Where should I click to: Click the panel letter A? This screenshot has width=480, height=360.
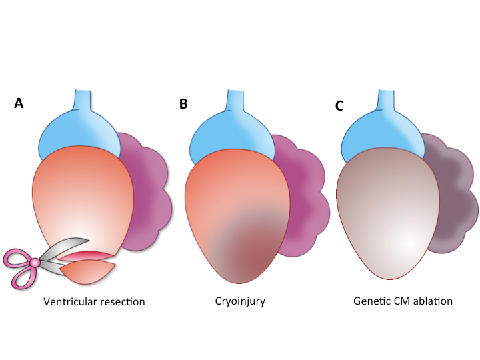click(19, 104)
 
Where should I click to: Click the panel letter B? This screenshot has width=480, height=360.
click(184, 104)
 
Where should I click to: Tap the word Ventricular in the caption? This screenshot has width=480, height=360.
click(70, 301)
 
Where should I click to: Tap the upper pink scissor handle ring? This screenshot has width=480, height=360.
click(15, 256)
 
